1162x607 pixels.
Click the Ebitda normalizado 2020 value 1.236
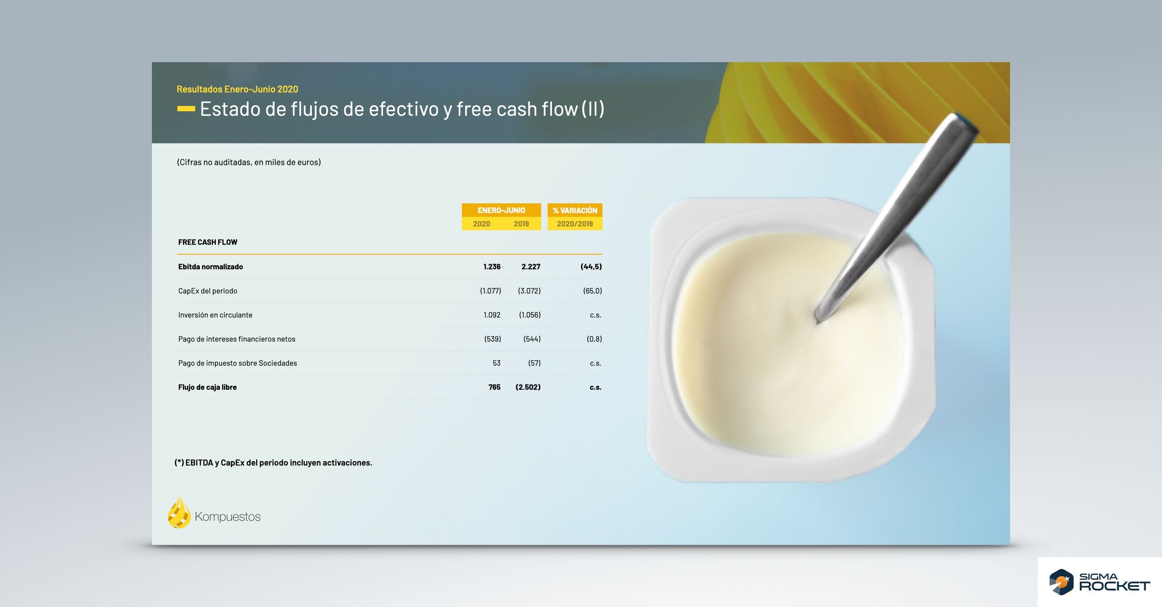[492, 267]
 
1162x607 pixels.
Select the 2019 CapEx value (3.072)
[529, 291]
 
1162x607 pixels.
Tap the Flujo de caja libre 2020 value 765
[494, 387]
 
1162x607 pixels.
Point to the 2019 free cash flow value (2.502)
[528, 387]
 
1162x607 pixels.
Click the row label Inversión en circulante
[215, 315]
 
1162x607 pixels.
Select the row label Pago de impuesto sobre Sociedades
[237, 363]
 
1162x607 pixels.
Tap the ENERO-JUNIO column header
[501, 211]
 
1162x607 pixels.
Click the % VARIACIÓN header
[575, 211]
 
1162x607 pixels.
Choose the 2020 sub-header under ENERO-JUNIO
[481, 224]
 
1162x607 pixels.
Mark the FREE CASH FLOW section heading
[207, 242]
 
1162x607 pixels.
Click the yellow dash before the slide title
[186, 109]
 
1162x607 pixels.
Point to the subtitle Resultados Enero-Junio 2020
[237, 89]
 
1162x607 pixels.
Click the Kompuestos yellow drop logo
[179, 513]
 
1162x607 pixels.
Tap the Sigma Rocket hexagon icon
[1061, 582]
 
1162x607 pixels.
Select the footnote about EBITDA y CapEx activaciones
[274, 463]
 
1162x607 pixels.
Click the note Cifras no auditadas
[248, 162]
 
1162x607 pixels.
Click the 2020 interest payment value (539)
[493, 339]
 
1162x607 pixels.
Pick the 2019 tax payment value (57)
[534, 363]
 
